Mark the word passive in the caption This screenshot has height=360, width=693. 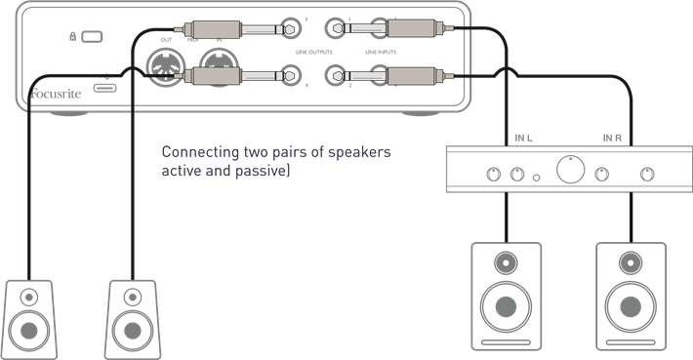(x=261, y=172)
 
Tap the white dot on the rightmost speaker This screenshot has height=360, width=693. (x=631, y=262)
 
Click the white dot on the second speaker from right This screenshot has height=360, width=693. (x=505, y=262)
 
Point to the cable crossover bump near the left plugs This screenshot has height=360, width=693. (x=131, y=70)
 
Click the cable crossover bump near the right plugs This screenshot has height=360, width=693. (x=505, y=70)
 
